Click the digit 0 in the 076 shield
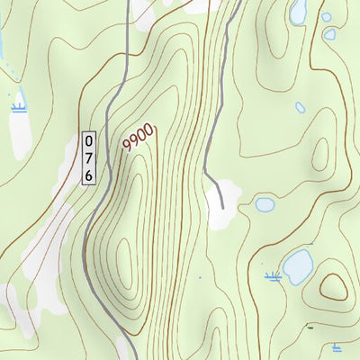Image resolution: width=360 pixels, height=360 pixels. tap(89, 141)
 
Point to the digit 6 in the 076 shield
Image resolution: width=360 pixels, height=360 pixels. tap(89, 174)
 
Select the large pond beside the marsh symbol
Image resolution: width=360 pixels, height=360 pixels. tap(297, 266)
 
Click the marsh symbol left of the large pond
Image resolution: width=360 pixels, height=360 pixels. tap(273, 275)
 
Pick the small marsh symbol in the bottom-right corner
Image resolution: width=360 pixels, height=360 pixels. tap(336, 346)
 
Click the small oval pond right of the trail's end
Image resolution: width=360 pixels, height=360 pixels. tap(265, 204)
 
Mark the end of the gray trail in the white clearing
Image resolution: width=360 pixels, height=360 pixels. tap(222, 208)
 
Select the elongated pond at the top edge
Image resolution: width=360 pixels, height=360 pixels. tap(298, 11)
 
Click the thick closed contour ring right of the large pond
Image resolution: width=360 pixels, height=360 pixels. tap(334, 287)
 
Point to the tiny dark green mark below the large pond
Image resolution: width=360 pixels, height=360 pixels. tap(310, 327)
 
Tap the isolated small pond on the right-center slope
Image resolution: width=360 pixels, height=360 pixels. tap(301, 107)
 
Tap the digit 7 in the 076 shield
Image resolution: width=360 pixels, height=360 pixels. tap(89, 157)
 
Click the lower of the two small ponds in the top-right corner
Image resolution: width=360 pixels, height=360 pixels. tap(329, 34)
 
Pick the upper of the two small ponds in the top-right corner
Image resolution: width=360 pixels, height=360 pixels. tap(326, 17)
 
